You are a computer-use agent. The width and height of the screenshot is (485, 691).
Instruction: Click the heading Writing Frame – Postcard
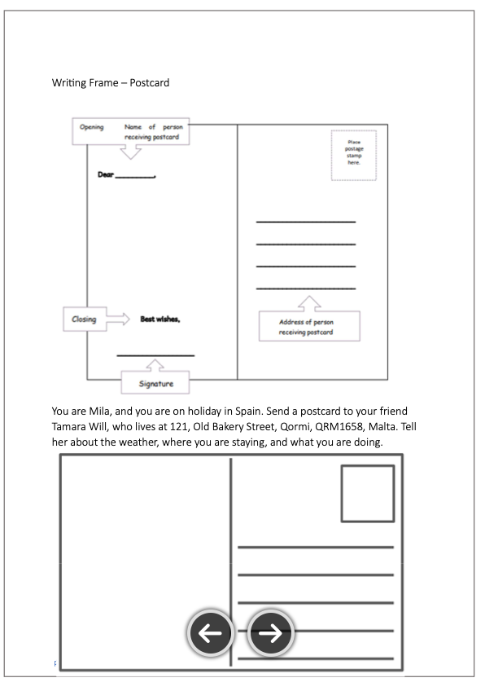(111, 83)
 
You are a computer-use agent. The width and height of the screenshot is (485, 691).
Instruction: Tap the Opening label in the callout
(91, 127)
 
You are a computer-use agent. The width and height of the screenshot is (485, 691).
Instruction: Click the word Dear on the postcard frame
(106, 174)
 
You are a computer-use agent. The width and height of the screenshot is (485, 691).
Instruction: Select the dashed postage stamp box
(354, 155)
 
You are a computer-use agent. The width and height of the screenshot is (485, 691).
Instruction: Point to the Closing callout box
(85, 319)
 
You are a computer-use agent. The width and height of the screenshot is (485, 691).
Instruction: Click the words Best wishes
(160, 319)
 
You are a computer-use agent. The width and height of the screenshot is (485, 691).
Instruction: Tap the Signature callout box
(155, 382)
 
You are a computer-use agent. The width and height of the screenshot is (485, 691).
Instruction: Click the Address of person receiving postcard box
(309, 326)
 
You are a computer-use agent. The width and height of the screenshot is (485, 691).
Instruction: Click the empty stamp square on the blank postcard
(368, 494)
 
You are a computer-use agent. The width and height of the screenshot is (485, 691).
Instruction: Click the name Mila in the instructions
(99, 412)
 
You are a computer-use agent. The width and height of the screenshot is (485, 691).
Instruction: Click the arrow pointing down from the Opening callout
(131, 152)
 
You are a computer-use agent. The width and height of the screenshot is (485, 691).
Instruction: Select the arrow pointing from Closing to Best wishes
(118, 319)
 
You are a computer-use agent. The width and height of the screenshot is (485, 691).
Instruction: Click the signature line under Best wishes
(155, 355)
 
